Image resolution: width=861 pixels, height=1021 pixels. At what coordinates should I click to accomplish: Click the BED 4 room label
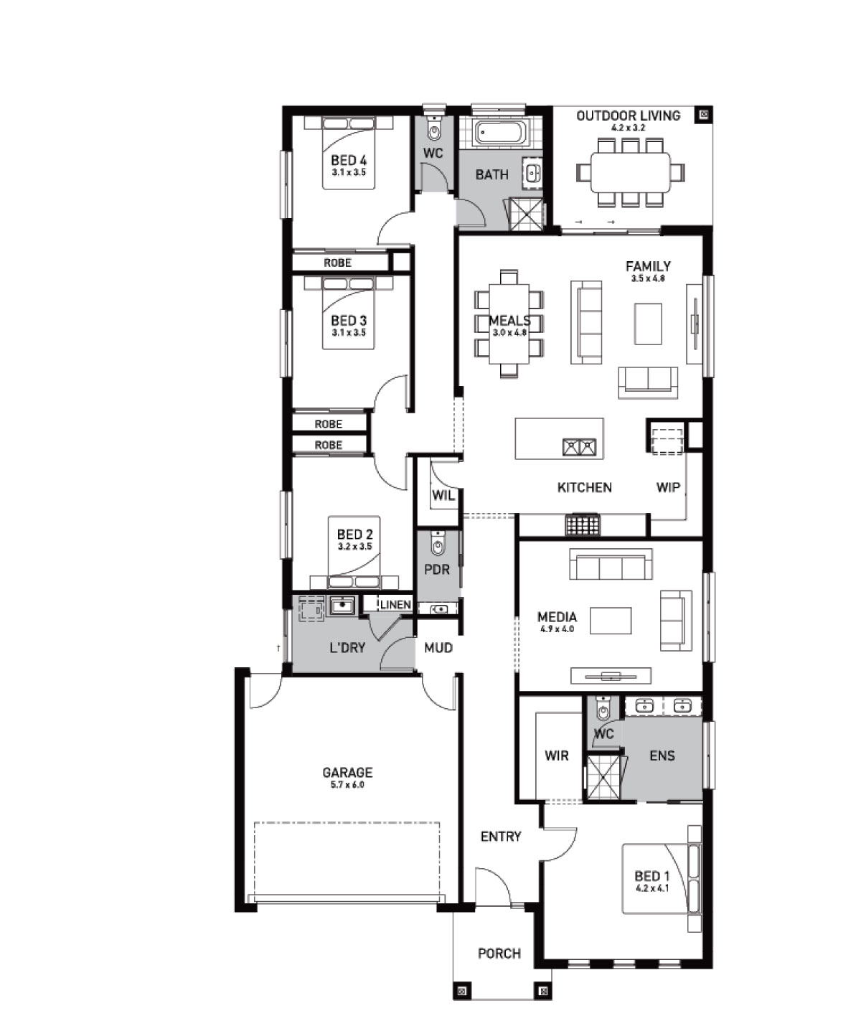click(x=349, y=161)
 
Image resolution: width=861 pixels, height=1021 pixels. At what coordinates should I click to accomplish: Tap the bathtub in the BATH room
click(x=501, y=132)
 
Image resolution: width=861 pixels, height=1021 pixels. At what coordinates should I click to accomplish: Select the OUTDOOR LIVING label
click(x=629, y=116)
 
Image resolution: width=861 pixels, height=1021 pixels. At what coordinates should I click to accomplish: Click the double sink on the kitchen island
click(x=579, y=447)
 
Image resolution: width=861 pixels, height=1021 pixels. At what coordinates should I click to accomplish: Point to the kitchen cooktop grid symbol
click(x=582, y=525)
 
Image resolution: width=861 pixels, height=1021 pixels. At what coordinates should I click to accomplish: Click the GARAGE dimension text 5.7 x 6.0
click(x=347, y=786)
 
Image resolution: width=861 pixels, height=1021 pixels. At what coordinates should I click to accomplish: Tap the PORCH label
click(x=499, y=954)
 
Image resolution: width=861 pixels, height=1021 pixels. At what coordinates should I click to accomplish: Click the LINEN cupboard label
click(x=395, y=605)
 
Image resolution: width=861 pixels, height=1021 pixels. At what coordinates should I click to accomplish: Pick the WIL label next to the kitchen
click(x=443, y=495)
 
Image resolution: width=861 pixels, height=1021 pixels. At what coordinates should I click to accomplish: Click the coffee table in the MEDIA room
click(x=610, y=621)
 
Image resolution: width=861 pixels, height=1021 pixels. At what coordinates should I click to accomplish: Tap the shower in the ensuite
click(x=605, y=778)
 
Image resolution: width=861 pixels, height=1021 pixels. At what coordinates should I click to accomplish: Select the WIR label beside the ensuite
click(x=556, y=756)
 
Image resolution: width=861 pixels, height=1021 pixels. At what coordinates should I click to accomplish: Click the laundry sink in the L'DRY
click(x=342, y=606)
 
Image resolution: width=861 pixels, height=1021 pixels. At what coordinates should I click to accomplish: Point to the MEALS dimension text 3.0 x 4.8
click(x=509, y=333)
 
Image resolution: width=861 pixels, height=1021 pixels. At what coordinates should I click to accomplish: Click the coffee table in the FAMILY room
click(x=649, y=324)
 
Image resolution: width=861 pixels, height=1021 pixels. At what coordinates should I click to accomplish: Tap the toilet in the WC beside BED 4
click(x=433, y=129)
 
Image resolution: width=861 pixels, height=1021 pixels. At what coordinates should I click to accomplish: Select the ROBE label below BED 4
click(x=337, y=263)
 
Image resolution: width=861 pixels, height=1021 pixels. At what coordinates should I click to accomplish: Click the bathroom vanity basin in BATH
click(x=532, y=173)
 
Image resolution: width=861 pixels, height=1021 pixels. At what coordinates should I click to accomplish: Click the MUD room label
click(x=438, y=649)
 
